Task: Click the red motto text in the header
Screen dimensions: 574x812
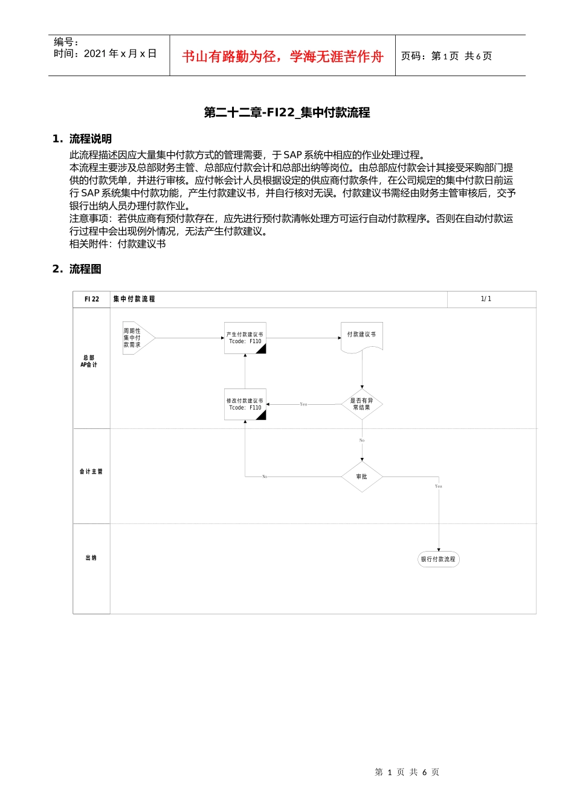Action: (x=283, y=57)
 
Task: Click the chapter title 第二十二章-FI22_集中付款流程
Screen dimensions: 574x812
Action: (x=287, y=113)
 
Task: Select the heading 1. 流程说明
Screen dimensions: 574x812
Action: (x=82, y=139)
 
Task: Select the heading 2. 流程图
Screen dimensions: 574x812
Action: (x=77, y=269)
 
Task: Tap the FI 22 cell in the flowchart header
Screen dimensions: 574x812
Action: (x=92, y=299)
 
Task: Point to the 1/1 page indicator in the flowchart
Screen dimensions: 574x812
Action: (x=486, y=299)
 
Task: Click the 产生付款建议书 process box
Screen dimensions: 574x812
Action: (x=245, y=338)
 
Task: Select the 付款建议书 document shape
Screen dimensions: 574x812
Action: (x=361, y=336)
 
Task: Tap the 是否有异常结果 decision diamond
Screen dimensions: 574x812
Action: (x=361, y=404)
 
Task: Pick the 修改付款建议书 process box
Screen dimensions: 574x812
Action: (x=245, y=404)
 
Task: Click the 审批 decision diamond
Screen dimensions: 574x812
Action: (x=361, y=477)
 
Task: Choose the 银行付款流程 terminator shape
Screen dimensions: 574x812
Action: (x=438, y=559)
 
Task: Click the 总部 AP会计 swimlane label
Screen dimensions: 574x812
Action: (x=89, y=361)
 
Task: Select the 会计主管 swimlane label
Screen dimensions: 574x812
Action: (x=91, y=471)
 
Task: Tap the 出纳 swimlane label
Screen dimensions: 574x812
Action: (x=91, y=558)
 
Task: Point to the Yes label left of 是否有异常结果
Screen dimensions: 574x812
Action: (x=303, y=404)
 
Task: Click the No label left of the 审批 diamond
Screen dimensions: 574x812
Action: (x=265, y=477)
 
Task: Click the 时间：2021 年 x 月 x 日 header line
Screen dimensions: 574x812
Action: (x=105, y=54)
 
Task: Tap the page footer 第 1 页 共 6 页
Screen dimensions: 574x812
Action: (x=407, y=772)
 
